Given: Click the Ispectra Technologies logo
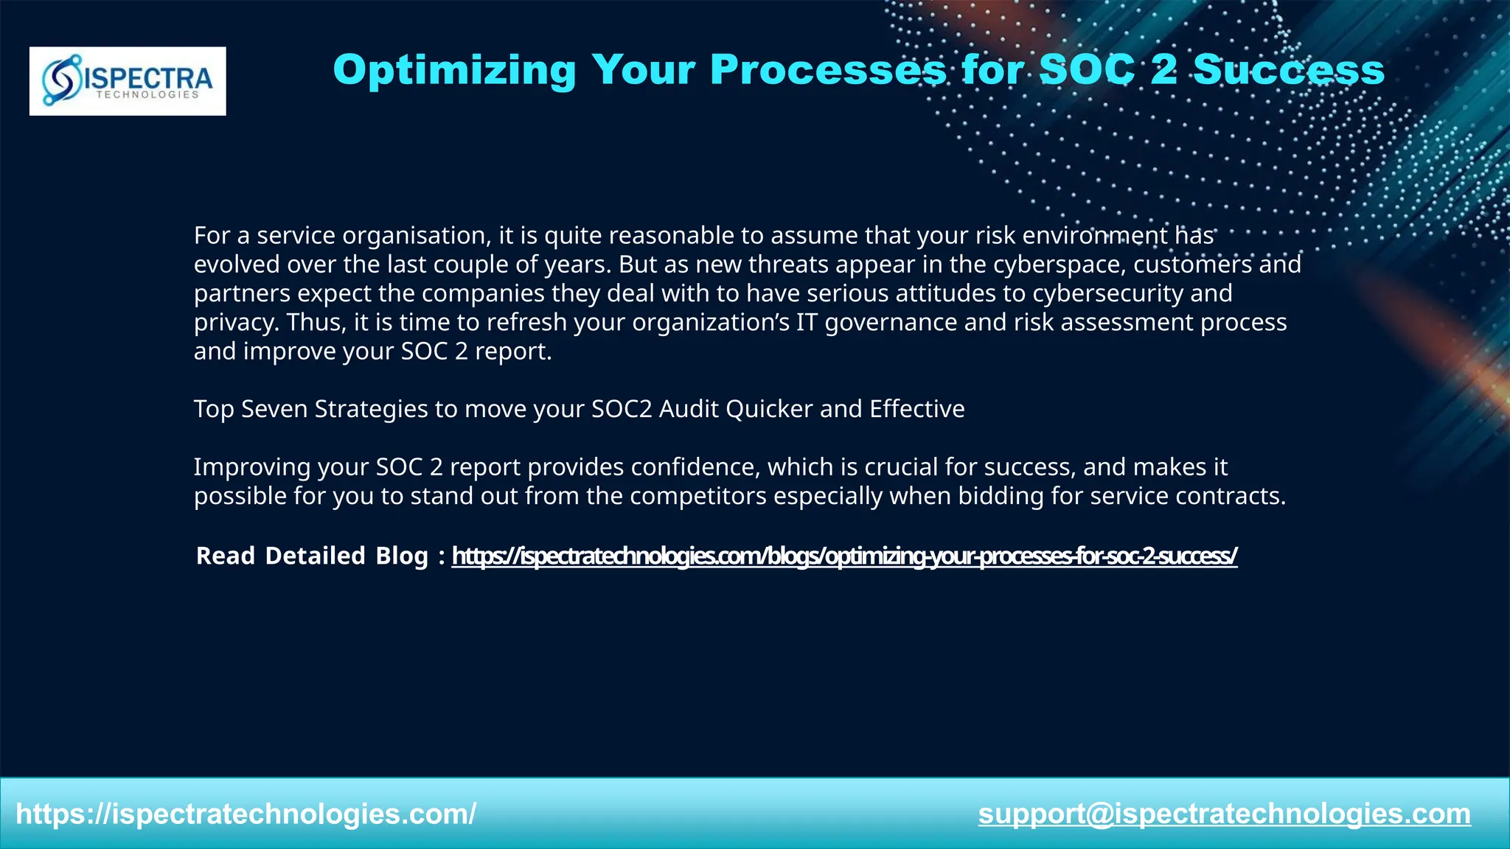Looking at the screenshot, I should (128, 81).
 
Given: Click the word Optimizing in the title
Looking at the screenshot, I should (453, 71).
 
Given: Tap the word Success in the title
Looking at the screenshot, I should (1288, 71).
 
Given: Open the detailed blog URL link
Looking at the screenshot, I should (844, 556).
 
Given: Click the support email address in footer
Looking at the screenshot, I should (1224, 814).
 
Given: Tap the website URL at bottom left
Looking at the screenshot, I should (246, 814).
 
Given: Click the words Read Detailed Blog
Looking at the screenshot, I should (312, 556).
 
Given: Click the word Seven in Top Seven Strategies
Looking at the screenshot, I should (274, 409).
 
